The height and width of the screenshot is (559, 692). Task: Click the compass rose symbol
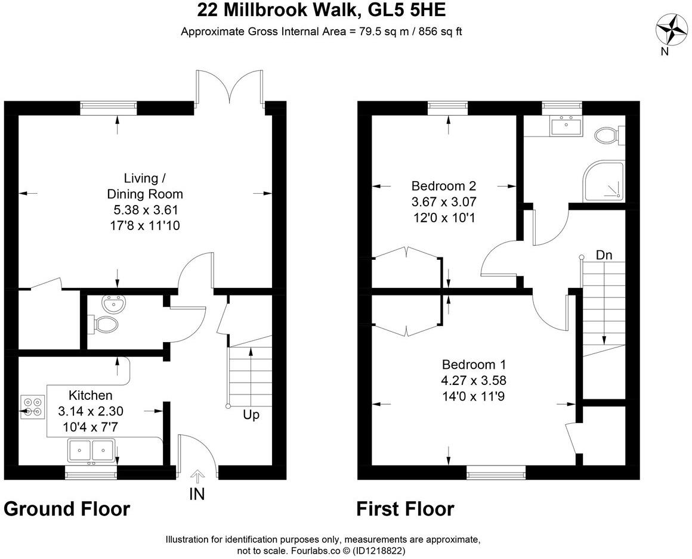[x=670, y=29]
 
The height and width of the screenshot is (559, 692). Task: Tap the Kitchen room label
[x=90, y=395]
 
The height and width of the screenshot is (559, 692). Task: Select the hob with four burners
[x=32, y=406]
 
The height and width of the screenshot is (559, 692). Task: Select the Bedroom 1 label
[x=469, y=364]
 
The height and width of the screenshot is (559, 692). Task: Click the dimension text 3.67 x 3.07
[x=444, y=201]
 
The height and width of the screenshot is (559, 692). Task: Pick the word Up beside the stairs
[x=251, y=414]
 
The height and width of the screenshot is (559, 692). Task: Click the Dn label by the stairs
[x=604, y=254]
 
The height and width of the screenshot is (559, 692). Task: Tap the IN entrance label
[x=197, y=494]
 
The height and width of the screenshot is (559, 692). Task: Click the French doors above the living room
[x=229, y=89]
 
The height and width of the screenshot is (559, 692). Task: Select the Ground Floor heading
[x=67, y=509]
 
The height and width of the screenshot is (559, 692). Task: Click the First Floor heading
[x=405, y=509]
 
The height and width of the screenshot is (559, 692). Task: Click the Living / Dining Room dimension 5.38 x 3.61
[x=146, y=210]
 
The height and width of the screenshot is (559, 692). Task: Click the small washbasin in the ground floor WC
[x=112, y=305]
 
